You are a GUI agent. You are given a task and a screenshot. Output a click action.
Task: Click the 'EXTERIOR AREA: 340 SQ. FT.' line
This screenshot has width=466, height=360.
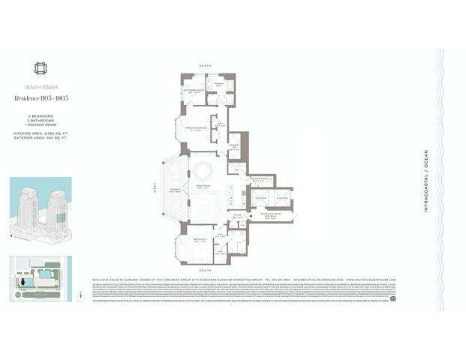pos(41,138)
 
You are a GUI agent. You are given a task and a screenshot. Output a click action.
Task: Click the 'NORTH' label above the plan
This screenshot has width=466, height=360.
pos(205,66)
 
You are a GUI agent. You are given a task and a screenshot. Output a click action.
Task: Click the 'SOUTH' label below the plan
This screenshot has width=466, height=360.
pos(205,269)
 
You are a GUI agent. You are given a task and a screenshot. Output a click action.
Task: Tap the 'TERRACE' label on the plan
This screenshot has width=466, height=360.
pos(174,190)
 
